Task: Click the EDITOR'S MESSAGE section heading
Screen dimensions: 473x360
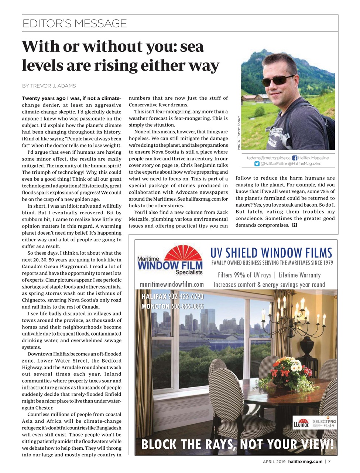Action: [x=75, y=24]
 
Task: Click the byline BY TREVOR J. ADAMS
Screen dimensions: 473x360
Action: [x=49, y=86]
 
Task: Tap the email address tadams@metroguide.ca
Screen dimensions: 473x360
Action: [x=268, y=158]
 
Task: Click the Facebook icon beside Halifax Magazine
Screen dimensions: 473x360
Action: [x=295, y=158]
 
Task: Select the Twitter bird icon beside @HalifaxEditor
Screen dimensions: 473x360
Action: [x=257, y=164]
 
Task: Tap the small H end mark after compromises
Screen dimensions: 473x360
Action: [x=294, y=225]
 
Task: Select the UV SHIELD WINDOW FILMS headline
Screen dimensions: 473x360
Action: [x=271, y=253]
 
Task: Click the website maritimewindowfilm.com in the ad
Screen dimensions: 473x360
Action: [x=172, y=285]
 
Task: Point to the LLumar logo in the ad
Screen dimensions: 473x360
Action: [x=301, y=423]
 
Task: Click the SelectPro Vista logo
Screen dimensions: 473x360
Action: [x=324, y=423]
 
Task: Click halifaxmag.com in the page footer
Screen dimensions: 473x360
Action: [x=305, y=461]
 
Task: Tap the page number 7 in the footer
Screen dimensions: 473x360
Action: [x=329, y=461]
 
